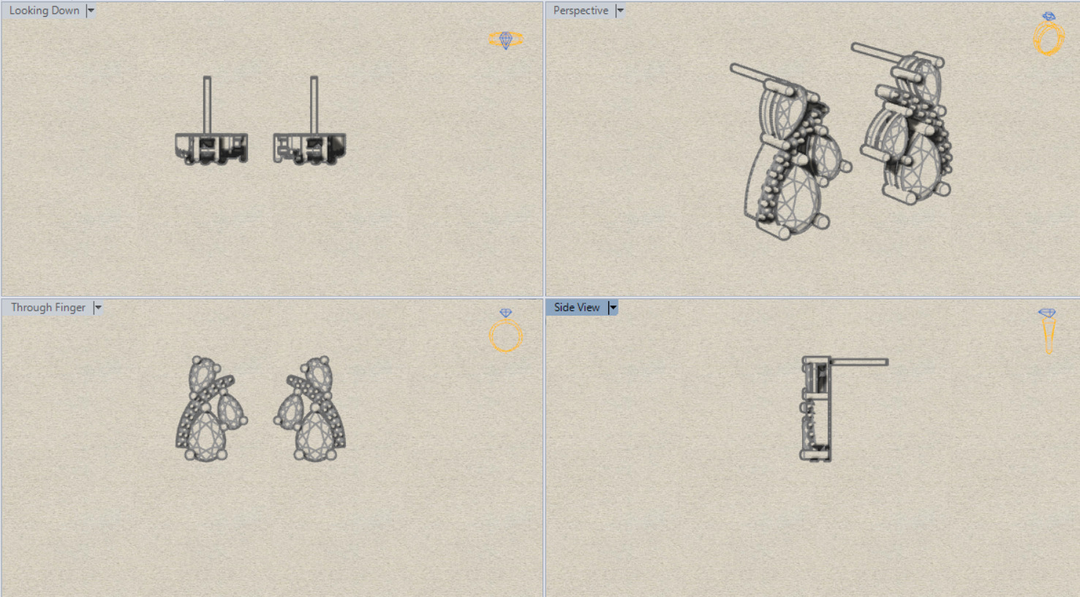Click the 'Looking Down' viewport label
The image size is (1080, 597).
coord(44,11)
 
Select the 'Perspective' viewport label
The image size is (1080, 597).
coord(581,11)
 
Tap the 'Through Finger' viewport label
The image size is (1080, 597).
coord(48,308)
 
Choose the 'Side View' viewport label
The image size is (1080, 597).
coord(577,308)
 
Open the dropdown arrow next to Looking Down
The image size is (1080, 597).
coord(91,11)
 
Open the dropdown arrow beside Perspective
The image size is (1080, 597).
coord(620,11)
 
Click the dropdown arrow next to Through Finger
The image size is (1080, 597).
coord(98,308)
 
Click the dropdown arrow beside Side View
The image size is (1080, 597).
coord(613,308)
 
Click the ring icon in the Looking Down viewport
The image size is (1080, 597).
coord(506,39)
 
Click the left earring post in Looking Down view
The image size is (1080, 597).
coord(207,105)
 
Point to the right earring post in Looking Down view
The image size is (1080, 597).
coord(314,105)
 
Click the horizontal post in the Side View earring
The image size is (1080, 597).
coord(859,362)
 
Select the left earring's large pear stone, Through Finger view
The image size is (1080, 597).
coord(206,436)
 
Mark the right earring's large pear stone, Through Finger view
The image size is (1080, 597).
coord(315,436)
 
